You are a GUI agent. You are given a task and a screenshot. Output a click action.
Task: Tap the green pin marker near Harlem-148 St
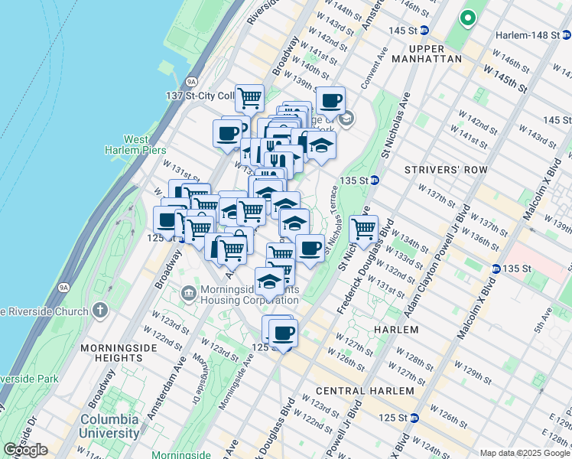pyautogui.click(x=466, y=18)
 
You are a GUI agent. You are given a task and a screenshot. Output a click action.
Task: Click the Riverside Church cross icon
pyautogui.click(x=99, y=310)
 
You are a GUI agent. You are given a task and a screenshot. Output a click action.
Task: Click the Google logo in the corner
pyautogui.click(x=26, y=450)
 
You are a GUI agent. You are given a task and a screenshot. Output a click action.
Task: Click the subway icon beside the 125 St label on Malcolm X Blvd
pyautogui.click(x=414, y=418)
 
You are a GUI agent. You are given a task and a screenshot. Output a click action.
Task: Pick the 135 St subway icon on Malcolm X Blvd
pyautogui.click(x=496, y=269)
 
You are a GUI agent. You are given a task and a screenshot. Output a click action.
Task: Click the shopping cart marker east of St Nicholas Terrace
pyautogui.click(x=363, y=228)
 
